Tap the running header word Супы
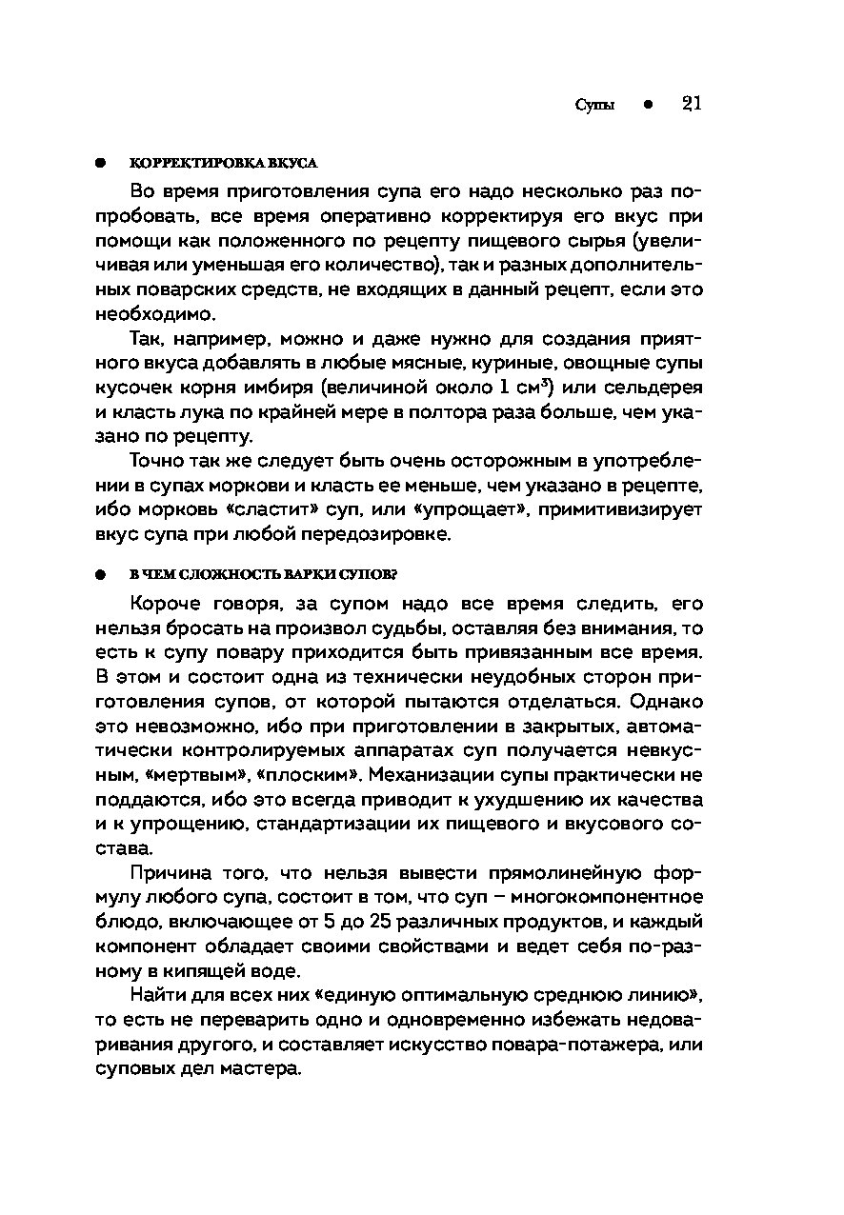[594, 106]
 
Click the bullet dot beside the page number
[646, 106]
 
